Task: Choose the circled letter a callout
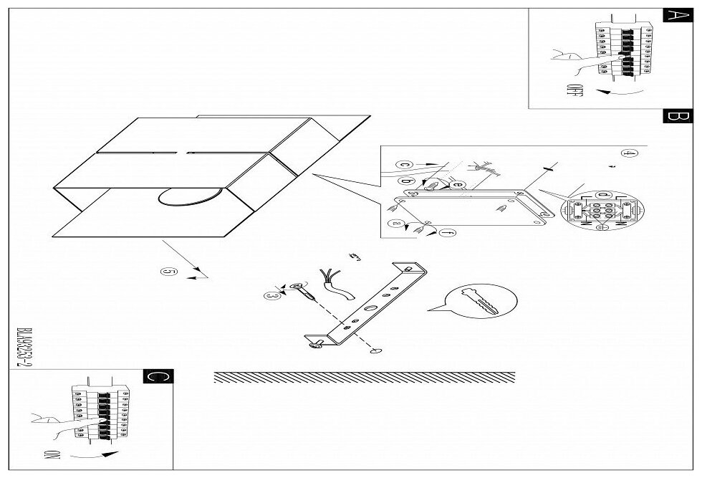(396, 224)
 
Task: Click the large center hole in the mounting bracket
(370, 307)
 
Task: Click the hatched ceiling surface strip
(364, 377)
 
